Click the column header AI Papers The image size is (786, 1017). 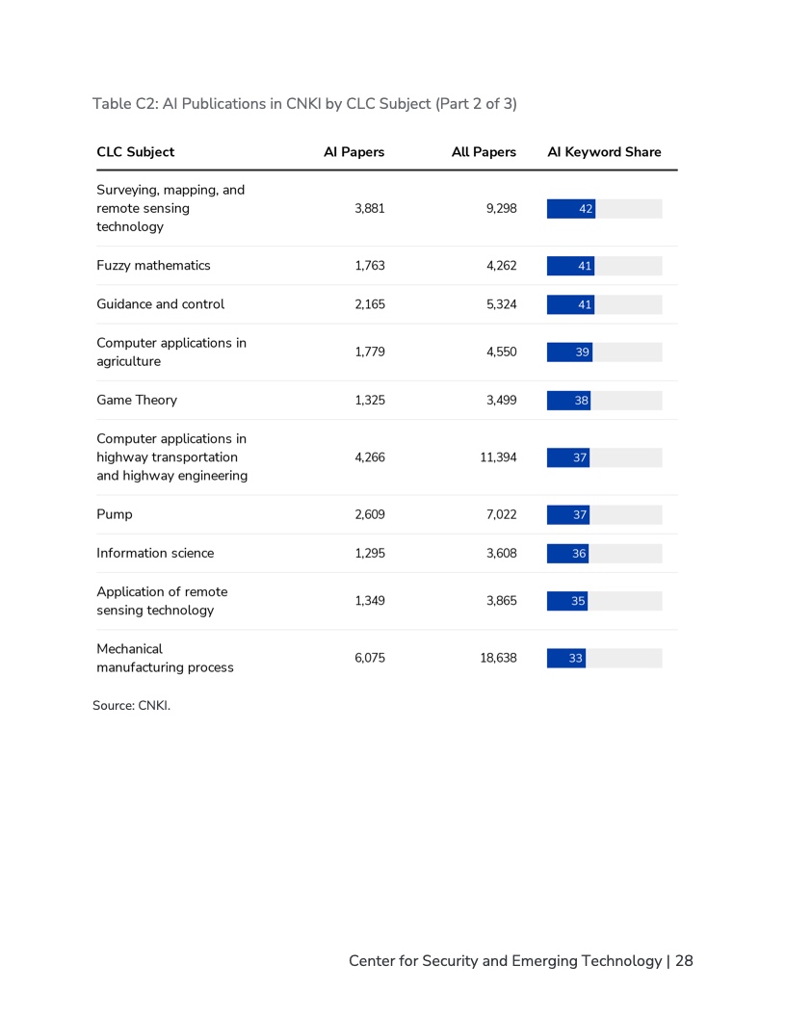354,152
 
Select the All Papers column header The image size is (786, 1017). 484,152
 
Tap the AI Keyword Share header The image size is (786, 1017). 604,152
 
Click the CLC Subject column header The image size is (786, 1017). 136,152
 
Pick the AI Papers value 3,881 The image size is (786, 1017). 370,208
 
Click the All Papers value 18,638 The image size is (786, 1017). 499,659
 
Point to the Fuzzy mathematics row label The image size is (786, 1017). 153,266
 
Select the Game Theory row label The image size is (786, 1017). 137,401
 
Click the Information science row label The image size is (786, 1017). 155,554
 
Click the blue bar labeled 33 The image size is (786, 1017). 566,659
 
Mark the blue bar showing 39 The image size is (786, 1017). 569,352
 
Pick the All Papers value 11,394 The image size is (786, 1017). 499,457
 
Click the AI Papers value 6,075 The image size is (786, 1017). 370,659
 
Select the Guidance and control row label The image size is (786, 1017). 160,304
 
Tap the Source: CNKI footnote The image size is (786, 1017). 131,706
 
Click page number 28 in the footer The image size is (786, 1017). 684,961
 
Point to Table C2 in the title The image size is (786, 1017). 125,104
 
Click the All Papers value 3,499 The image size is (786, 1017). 502,401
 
